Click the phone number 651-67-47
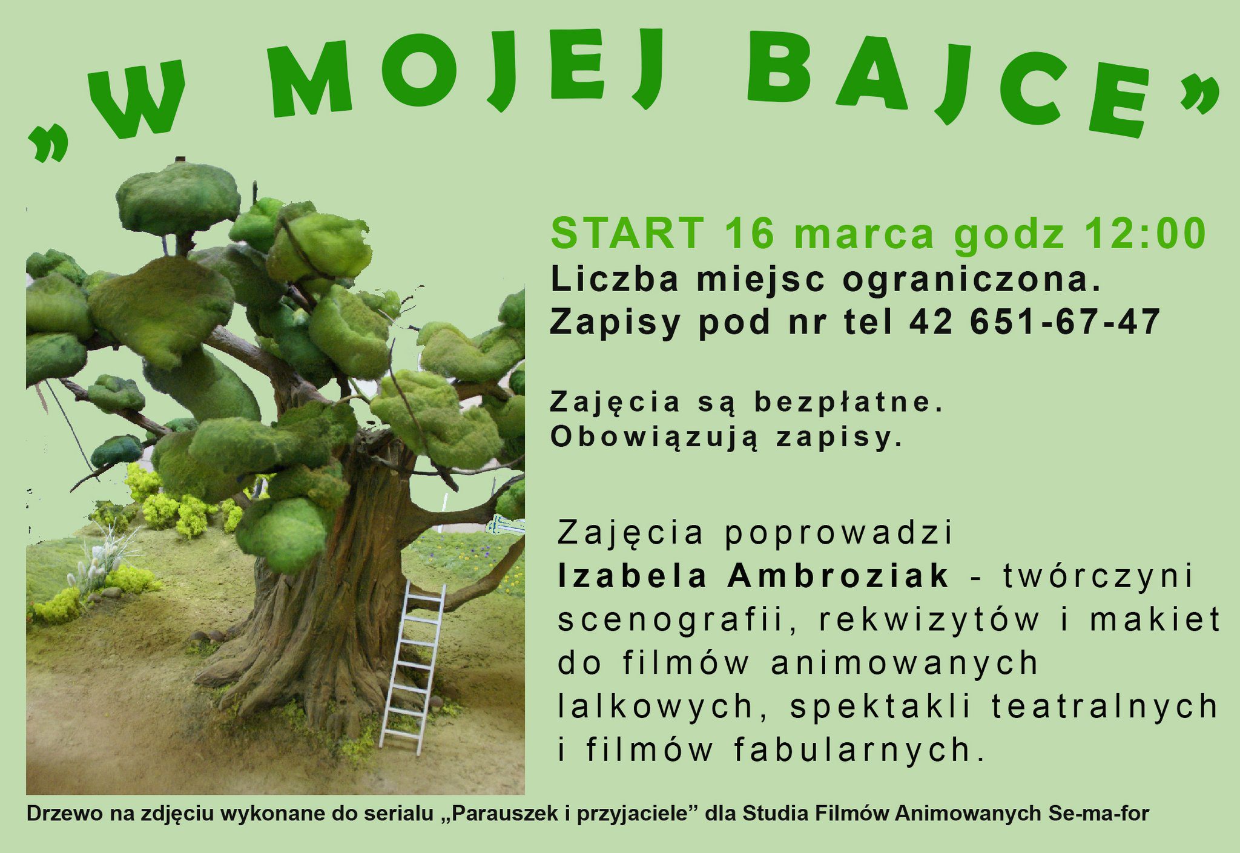tap(1065, 321)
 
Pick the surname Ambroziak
tap(838, 575)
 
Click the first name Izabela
tap(632, 575)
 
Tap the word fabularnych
tap(860, 750)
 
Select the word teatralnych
tap(1104, 706)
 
